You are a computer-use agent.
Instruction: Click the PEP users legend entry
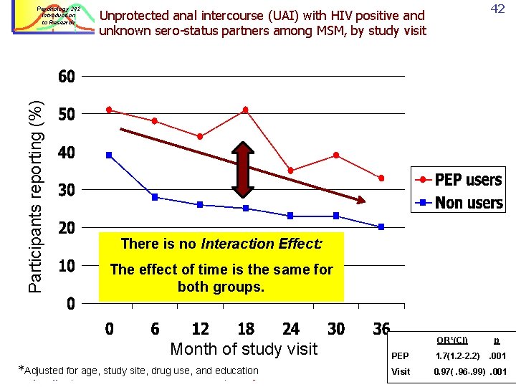click(x=459, y=180)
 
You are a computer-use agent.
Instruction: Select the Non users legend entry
click(x=459, y=203)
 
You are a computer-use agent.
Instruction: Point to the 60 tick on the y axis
click(x=66, y=77)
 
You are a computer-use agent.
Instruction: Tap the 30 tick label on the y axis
click(x=66, y=190)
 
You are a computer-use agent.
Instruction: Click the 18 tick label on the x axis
click(x=245, y=329)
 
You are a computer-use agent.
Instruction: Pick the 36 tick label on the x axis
click(x=381, y=329)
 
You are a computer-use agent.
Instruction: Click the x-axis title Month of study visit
click(x=244, y=349)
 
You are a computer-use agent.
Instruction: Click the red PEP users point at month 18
click(x=245, y=110)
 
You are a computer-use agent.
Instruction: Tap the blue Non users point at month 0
click(x=109, y=155)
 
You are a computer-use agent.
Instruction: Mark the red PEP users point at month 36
click(x=381, y=178)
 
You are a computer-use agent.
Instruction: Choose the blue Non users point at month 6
click(x=155, y=197)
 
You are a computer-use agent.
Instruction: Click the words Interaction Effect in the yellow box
click(x=262, y=244)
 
